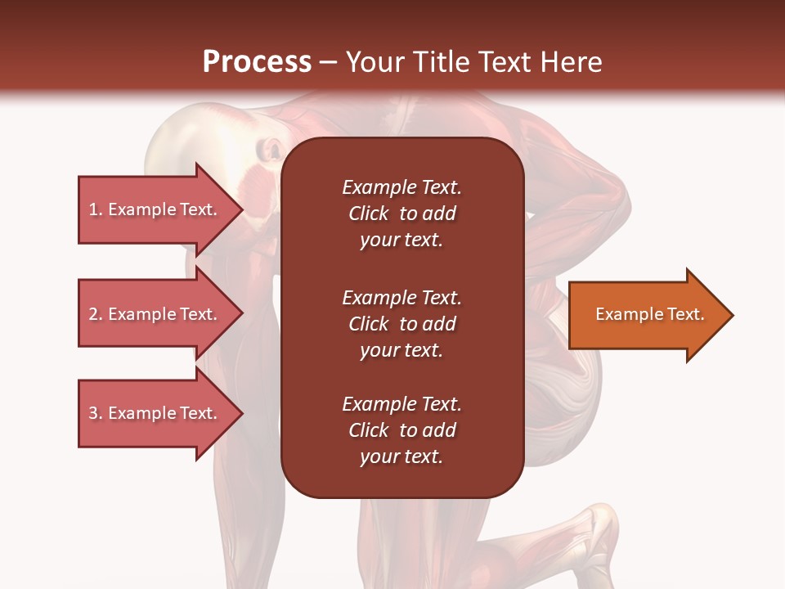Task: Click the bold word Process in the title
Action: point(257,62)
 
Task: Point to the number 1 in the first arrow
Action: point(93,209)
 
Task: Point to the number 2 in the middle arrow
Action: point(93,314)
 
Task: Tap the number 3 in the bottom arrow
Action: point(93,413)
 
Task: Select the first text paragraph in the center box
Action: point(401,214)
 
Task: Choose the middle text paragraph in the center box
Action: point(401,324)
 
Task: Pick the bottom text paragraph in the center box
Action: point(401,430)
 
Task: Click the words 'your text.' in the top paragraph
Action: point(401,241)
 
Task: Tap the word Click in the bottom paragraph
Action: point(368,430)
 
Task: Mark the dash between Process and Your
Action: point(328,63)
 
